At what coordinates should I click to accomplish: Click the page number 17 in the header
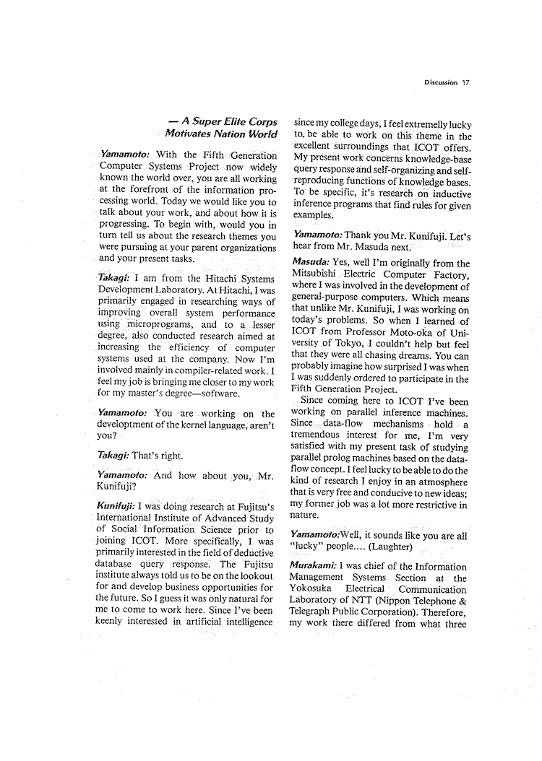[465, 82]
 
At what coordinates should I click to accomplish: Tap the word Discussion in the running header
[441, 82]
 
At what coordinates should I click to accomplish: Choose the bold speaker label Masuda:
[310, 263]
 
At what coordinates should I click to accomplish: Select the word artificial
[199, 620]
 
